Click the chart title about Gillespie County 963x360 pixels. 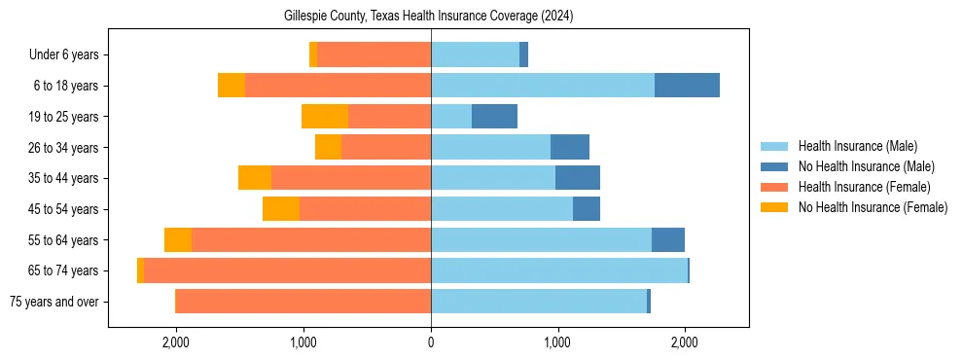tap(429, 17)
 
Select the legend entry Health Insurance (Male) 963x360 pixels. tap(857, 146)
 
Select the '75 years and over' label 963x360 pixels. tap(53, 302)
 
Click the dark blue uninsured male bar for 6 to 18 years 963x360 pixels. tap(687, 86)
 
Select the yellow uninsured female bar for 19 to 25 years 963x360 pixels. tap(325, 117)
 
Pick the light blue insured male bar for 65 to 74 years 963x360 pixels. tap(559, 270)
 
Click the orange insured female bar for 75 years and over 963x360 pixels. tap(303, 302)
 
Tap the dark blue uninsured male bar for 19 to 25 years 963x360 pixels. tap(494, 117)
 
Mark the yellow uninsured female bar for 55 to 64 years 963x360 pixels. tap(178, 240)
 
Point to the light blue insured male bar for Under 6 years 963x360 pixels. tap(475, 55)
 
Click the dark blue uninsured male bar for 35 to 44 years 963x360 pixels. tap(578, 178)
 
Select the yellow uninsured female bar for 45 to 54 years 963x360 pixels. tap(281, 209)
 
